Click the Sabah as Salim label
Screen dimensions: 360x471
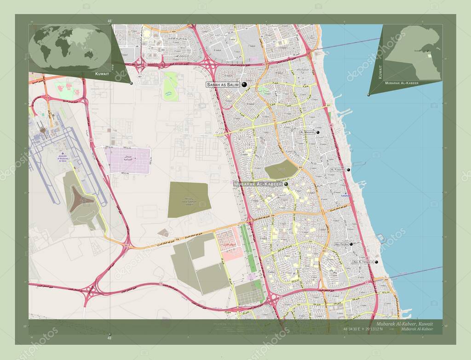point(223,85)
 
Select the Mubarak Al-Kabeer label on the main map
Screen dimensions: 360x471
point(258,184)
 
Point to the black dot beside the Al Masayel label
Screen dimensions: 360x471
point(318,132)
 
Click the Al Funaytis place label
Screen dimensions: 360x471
point(338,170)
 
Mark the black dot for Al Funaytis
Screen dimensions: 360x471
point(349,170)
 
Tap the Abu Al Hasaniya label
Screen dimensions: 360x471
point(363,262)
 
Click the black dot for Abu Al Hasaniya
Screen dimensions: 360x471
point(377,262)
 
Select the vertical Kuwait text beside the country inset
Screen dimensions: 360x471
point(380,72)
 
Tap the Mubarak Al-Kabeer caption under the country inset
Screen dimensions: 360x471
point(405,83)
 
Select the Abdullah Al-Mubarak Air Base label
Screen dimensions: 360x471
point(63,157)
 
